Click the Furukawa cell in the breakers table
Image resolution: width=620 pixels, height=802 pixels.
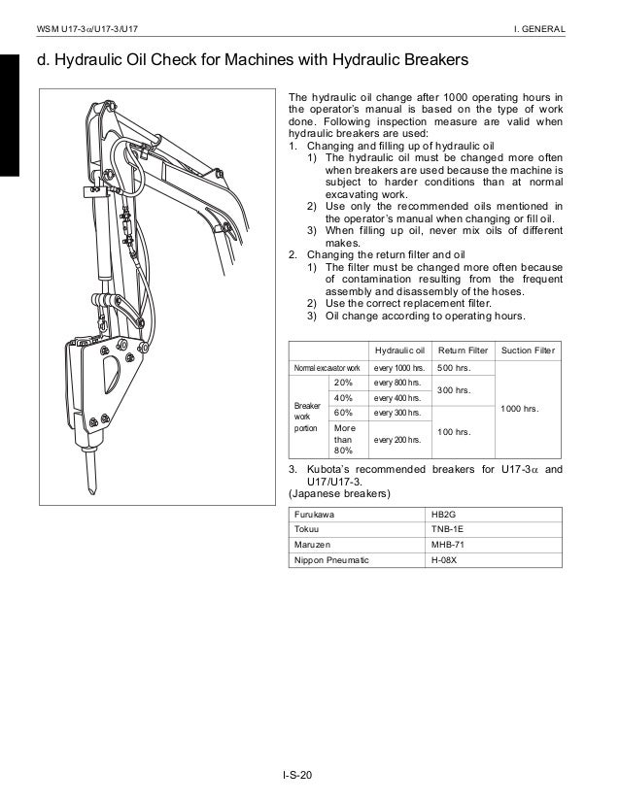(x=315, y=514)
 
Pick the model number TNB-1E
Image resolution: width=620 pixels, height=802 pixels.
(x=449, y=530)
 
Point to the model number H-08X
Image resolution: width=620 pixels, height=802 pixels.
(x=446, y=561)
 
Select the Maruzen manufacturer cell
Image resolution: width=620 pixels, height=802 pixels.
(x=314, y=546)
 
